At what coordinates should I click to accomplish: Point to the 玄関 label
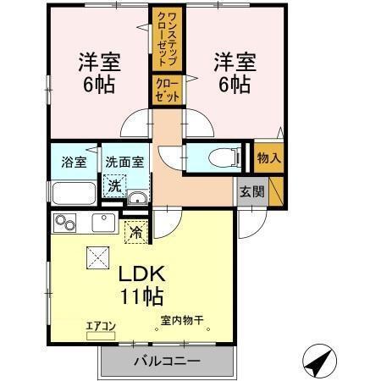pos(251,190)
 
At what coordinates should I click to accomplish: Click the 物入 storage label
pos(268,157)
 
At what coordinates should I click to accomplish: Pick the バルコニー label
pos(166,362)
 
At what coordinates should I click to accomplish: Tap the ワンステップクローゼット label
pos(165,39)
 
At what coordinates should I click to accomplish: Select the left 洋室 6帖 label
pos(99,74)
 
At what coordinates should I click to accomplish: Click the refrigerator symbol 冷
pos(135,229)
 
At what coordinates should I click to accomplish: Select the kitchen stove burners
pos(65,224)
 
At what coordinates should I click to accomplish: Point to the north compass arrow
pos(315,362)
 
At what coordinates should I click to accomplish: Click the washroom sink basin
pos(136,200)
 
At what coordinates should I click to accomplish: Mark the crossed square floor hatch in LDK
pos(95,257)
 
